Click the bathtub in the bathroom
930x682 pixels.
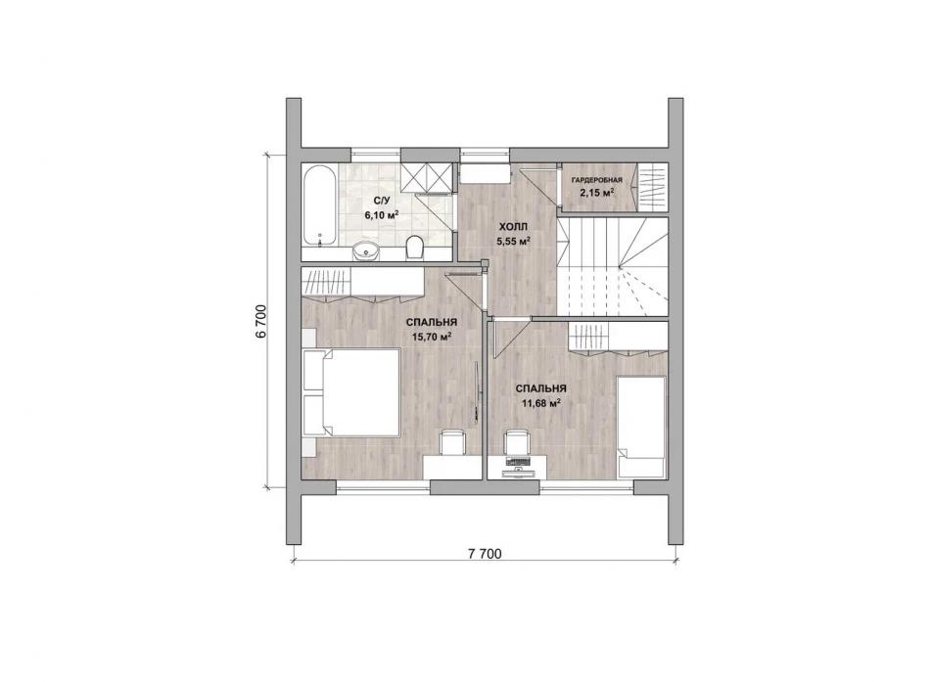pyautogui.click(x=320, y=205)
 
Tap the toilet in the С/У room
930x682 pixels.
pyautogui.click(x=415, y=248)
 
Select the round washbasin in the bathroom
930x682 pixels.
pyautogui.click(x=365, y=250)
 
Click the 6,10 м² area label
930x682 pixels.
pyautogui.click(x=382, y=216)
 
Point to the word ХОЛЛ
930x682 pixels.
pyautogui.click(x=513, y=227)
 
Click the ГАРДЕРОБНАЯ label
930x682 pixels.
pyautogui.click(x=597, y=180)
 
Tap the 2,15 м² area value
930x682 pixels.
pyautogui.click(x=597, y=192)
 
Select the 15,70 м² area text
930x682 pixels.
pyautogui.click(x=431, y=337)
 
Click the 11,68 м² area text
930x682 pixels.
pyautogui.click(x=541, y=403)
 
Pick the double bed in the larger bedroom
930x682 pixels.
pyautogui.click(x=350, y=392)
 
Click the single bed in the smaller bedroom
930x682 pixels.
pyautogui.click(x=641, y=427)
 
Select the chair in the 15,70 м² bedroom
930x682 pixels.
pyautogui.click(x=453, y=443)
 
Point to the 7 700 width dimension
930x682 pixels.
pyautogui.click(x=486, y=554)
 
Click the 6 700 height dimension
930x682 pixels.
pyautogui.click(x=260, y=321)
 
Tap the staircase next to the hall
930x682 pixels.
pyautogui.click(x=613, y=267)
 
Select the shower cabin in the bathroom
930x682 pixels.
pyautogui.click(x=426, y=177)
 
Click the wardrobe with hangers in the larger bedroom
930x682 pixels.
pyautogui.click(x=362, y=282)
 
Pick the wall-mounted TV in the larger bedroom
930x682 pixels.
pyautogui.click(x=477, y=393)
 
